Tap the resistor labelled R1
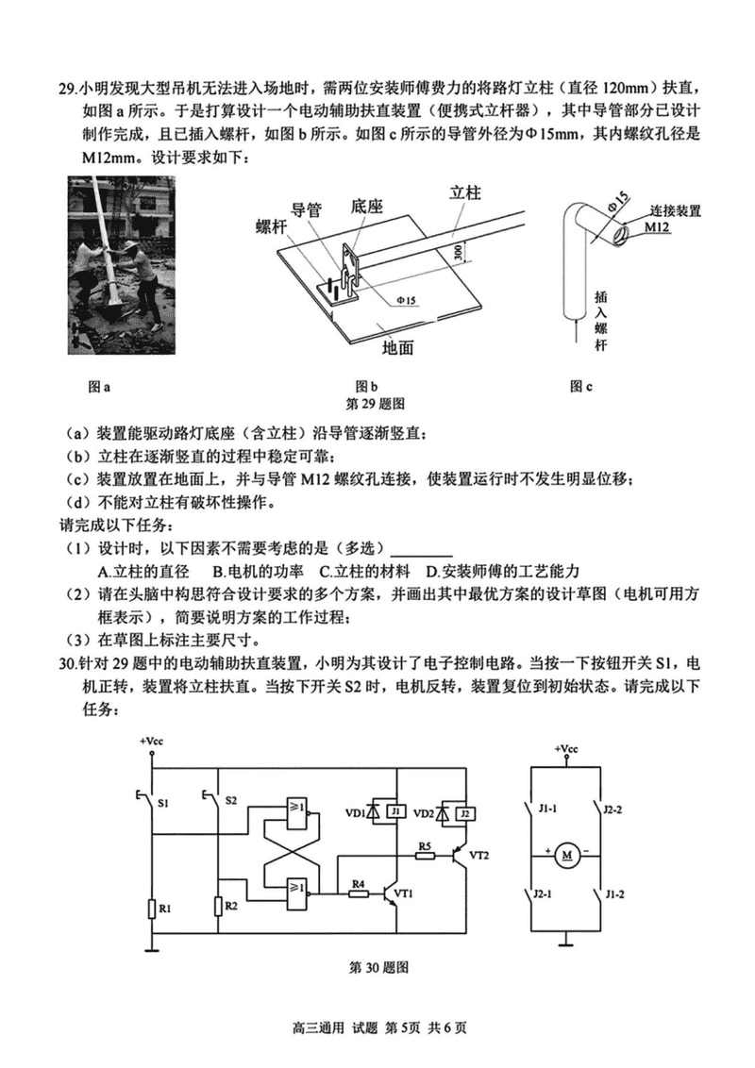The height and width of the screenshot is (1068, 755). pos(152,909)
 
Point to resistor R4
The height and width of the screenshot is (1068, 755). pos(359,892)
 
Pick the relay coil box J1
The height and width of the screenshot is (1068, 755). pos(397,811)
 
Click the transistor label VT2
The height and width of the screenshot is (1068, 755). pos(479,855)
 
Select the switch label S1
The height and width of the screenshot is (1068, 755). pos(163,803)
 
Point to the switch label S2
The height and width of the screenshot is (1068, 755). pos(231,800)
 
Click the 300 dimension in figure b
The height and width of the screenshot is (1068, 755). pos(458,250)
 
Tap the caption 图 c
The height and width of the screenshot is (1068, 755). pos(582,385)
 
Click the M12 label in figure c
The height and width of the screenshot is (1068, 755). pos(657,227)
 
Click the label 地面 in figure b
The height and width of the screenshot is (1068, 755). pos(398,346)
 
